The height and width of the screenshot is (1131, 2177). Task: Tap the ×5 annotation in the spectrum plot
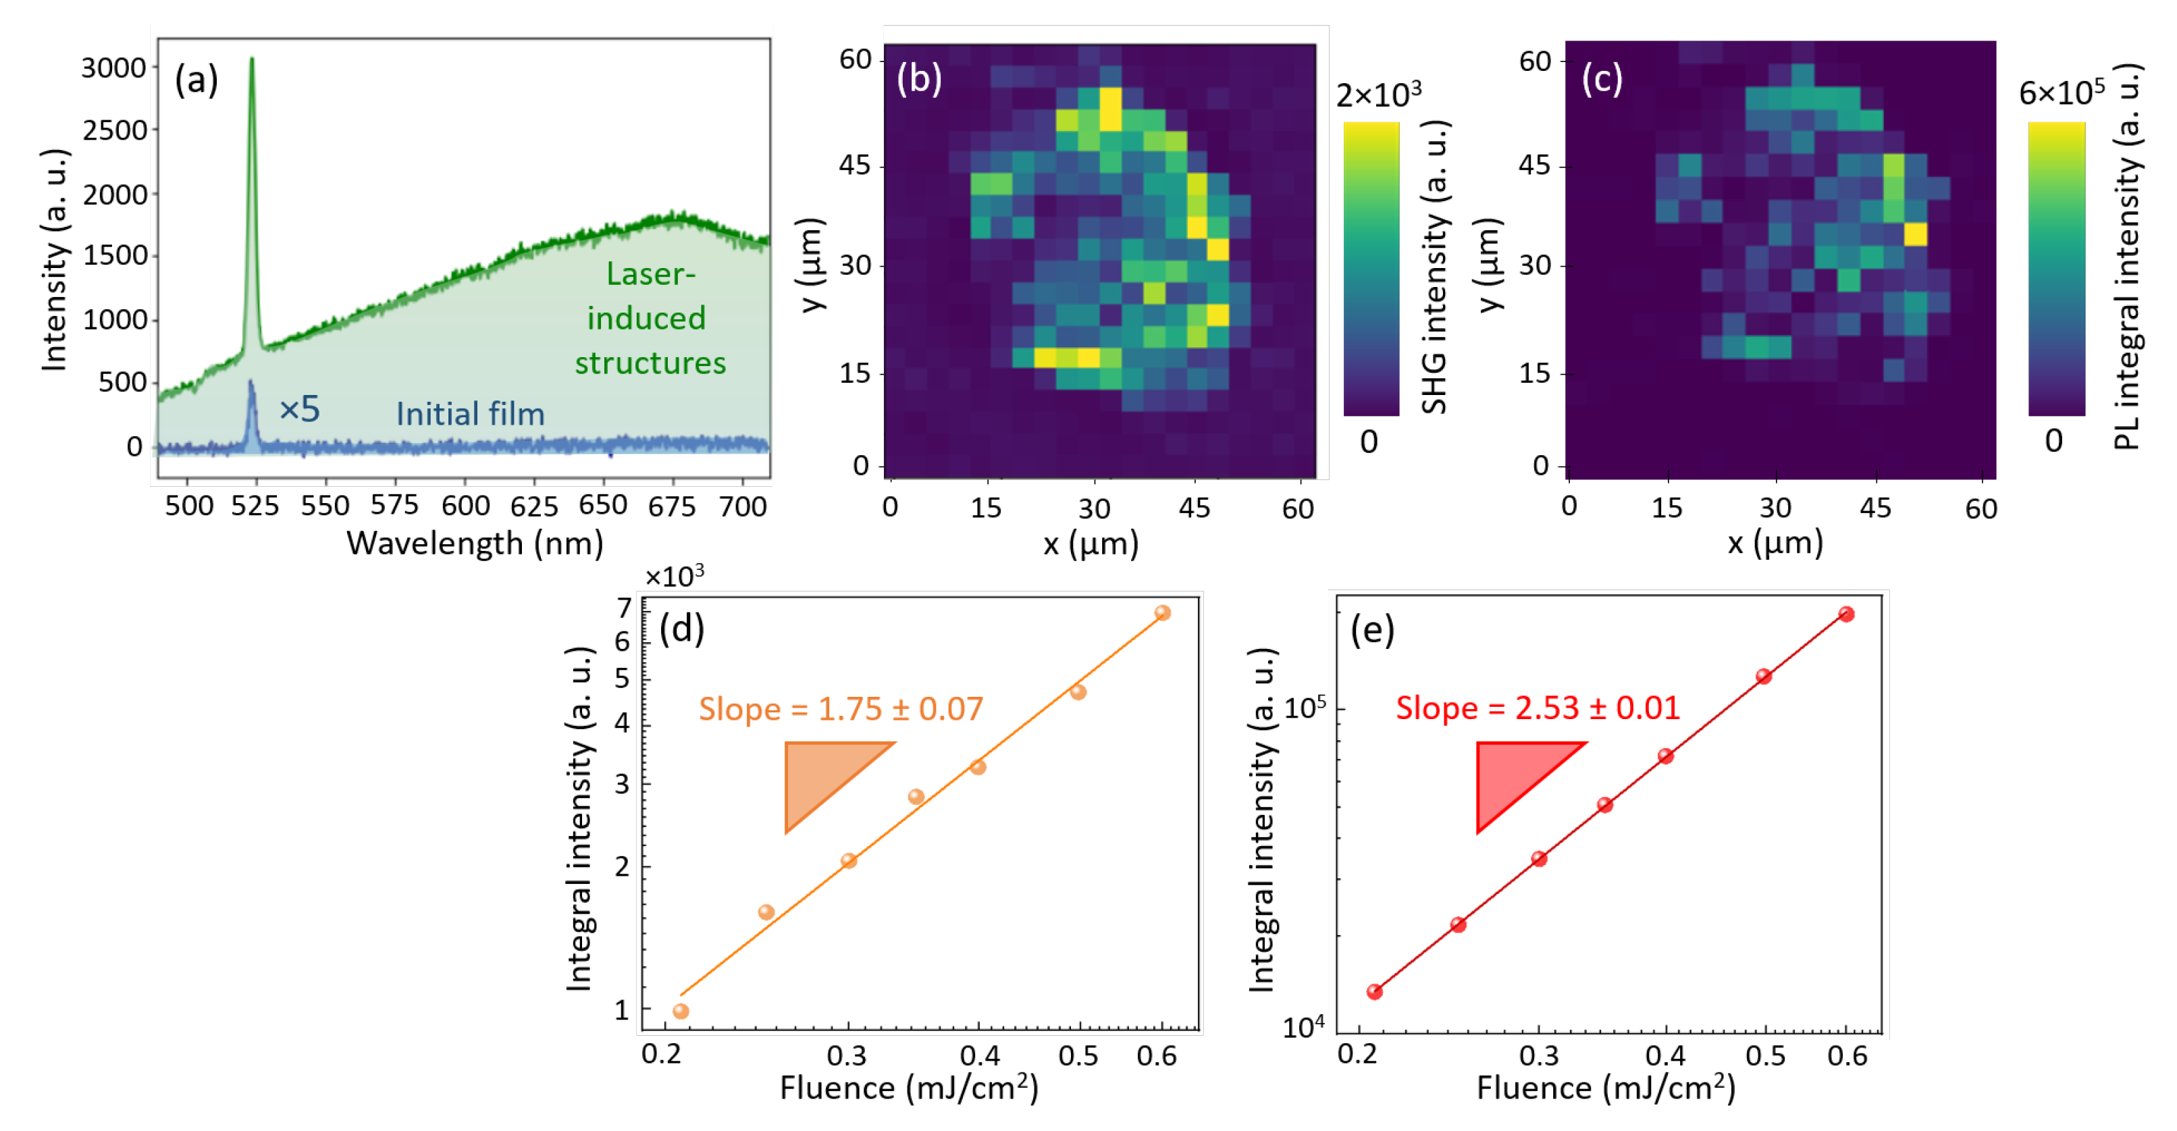[x=299, y=410]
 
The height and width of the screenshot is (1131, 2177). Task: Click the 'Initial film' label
[x=470, y=414]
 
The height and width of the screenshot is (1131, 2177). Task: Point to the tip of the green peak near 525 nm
[x=251, y=59]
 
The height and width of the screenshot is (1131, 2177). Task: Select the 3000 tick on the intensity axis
[x=113, y=68]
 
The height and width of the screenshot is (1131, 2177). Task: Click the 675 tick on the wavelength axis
[x=672, y=506]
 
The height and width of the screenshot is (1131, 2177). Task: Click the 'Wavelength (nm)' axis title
[x=475, y=544]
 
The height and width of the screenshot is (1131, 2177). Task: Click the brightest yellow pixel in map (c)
[x=1915, y=234]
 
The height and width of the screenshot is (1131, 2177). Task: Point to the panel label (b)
[x=918, y=78]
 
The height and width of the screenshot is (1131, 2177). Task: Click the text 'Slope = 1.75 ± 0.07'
[x=840, y=708]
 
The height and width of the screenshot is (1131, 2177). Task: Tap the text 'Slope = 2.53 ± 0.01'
[x=1538, y=708]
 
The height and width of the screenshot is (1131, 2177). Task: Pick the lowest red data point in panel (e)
[x=1374, y=991]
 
